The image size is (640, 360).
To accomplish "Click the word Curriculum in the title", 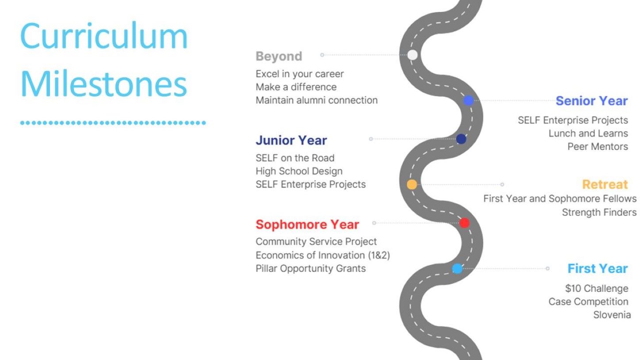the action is click(103, 36).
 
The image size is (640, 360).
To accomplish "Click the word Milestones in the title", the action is click(103, 84).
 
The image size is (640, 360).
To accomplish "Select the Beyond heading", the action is click(279, 56).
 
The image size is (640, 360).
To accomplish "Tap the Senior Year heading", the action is click(592, 101).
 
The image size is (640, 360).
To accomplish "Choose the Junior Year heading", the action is click(291, 140).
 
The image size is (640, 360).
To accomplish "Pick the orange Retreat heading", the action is click(605, 184).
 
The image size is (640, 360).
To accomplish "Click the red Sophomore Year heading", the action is click(307, 224).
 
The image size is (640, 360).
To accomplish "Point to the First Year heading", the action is click(598, 268).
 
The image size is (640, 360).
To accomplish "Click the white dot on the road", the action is click(412, 55).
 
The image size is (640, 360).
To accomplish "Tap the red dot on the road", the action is click(464, 223).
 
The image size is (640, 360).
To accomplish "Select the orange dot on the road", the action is click(412, 184).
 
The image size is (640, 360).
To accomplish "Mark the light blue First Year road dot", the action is click(457, 268).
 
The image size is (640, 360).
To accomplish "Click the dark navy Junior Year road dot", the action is click(461, 139).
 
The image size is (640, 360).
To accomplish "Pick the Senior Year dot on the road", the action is click(468, 100).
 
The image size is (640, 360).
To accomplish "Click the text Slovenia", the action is click(612, 315).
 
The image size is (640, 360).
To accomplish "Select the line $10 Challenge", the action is click(597, 288).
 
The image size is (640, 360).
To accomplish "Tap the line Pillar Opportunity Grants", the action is click(310, 268).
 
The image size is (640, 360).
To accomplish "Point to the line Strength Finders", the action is click(599, 213).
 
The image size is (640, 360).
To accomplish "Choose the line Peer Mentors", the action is click(598, 146).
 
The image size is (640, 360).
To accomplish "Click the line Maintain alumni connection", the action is click(317, 100).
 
